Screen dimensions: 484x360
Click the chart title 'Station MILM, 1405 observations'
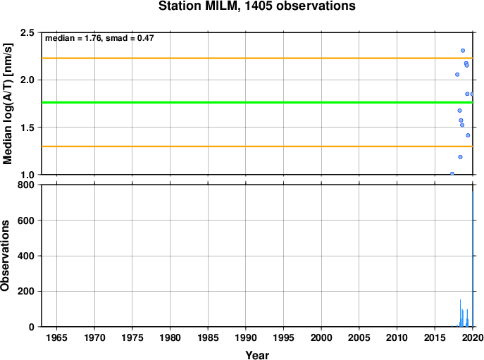click(257, 6)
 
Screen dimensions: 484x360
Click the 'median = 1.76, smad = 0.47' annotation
click(99, 38)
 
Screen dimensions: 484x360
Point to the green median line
click(257, 102)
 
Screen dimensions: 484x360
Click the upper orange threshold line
click(257, 58)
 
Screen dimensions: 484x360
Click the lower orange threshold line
click(257, 147)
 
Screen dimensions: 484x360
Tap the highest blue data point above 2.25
click(463, 51)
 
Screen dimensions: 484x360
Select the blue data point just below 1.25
click(460, 157)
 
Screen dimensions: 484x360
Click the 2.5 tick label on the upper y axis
click(27, 32)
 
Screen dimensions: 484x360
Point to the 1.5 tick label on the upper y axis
click(27, 128)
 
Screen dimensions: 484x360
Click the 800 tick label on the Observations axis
click(26, 185)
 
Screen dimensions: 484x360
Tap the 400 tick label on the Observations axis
click(26, 256)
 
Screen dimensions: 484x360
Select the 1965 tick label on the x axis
click(56, 337)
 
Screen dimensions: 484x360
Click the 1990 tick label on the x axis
click(246, 337)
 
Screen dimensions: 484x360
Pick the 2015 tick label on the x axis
click(435, 337)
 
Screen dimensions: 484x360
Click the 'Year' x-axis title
click(257, 355)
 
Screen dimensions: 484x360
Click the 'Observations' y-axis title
click(5, 256)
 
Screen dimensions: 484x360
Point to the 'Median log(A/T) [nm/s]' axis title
click(8, 104)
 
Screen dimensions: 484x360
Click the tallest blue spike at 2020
click(472, 259)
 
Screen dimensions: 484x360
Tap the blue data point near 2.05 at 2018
click(457, 75)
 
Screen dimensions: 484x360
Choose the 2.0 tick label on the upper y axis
click(27, 80)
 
